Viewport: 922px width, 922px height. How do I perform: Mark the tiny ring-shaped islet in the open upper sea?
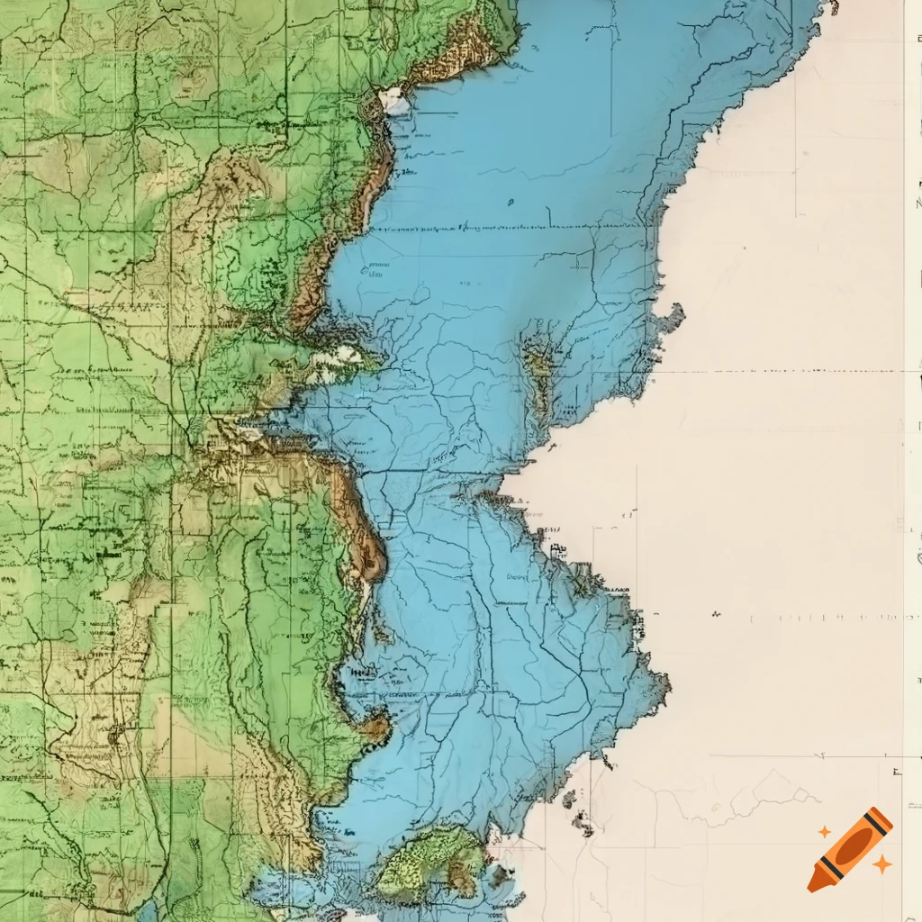coord(510,202)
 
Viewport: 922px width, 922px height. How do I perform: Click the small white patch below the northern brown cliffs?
coord(394,100)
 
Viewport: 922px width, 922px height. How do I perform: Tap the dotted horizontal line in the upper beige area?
coord(792,370)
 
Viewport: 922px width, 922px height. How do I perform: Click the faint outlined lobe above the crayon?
coord(774,792)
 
